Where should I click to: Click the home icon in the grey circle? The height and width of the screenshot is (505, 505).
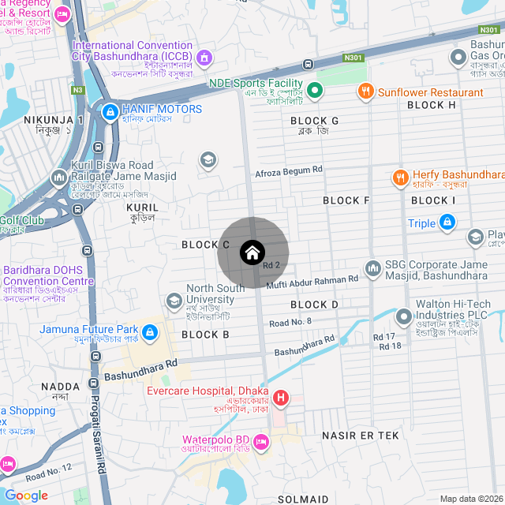[x=252, y=253]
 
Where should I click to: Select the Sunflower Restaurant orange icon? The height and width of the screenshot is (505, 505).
[x=365, y=92]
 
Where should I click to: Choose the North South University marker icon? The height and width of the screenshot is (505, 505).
[x=174, y=301]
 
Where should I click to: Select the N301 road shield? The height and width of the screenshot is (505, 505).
[x=353, y=57]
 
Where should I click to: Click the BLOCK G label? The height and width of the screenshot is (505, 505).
[x=314, y=121]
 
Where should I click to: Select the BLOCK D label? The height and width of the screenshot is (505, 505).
[x=314, y=305]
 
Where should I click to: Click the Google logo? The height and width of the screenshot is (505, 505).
[x=26, y=496]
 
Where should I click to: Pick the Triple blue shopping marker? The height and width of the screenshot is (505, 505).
[x=447, y=223]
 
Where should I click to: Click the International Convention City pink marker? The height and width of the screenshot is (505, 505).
[x=204, y=57]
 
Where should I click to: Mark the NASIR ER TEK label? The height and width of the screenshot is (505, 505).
[x=360, y=436]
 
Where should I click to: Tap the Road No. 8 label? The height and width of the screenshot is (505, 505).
[x=290, y=322]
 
